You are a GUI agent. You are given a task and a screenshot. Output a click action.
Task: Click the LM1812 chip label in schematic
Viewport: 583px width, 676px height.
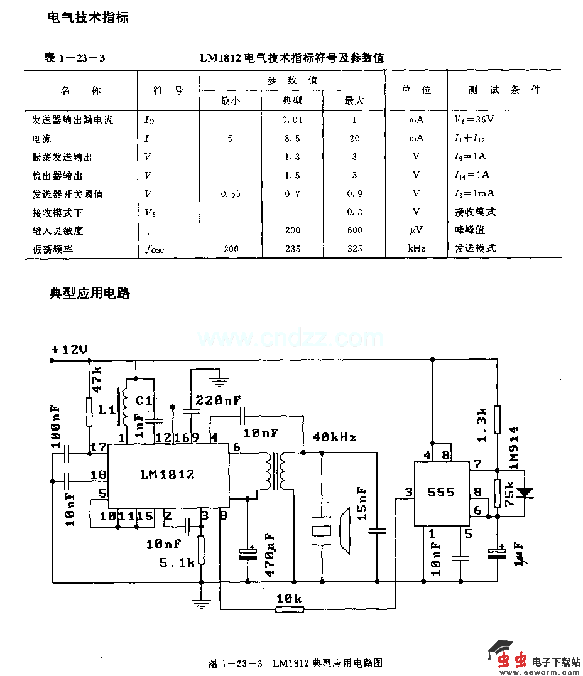[167, 475]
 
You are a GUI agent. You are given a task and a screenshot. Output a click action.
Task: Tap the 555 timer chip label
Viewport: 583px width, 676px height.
[440, 491]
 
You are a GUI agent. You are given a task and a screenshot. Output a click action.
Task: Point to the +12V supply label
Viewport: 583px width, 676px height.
[70, 350]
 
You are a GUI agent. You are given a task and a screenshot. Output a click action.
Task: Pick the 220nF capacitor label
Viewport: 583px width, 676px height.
[219, 400]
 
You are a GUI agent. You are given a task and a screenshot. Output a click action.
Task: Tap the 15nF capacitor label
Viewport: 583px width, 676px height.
[362, 504]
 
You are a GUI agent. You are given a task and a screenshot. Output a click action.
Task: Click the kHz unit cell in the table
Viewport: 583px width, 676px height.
[416, 249]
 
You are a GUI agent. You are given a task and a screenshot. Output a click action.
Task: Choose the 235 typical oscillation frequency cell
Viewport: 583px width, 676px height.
[292, 249]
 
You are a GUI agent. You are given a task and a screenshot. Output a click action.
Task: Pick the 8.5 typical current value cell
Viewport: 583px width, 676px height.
[292, 138]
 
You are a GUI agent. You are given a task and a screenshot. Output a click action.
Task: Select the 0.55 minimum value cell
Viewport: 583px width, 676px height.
[231, 194]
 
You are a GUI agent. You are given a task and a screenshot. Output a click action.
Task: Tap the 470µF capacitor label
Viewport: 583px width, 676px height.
[270, 555]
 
